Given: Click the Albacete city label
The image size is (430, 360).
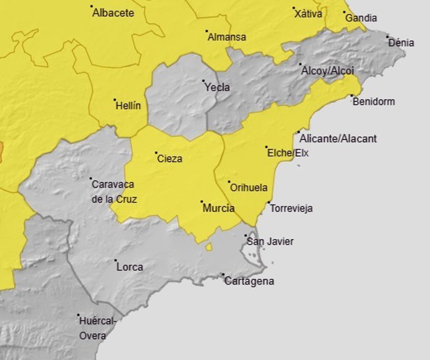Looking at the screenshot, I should pos(113,12).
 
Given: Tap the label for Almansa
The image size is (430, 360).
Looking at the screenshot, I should pos(226,37).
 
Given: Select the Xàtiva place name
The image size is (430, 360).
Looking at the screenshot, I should pos(309,14).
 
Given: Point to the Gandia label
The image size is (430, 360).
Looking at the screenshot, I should pos(361,17).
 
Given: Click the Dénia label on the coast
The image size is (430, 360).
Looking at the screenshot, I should pos(401,43).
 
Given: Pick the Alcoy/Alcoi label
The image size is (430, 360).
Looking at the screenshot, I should pos(327,70).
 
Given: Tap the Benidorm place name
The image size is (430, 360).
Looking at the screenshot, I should pos(373,102).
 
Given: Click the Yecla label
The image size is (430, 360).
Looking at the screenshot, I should pos(217,87).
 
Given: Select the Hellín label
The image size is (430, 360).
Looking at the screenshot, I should pos(128,105).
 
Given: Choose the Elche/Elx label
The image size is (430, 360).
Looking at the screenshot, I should pos(287,153).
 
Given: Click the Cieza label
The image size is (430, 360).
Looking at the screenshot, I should pos(170,159).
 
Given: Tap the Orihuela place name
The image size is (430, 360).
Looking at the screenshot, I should pos(249,187).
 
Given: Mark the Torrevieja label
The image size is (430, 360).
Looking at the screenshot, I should pos(291,209).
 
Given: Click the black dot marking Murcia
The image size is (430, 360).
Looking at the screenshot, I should pos(201,201).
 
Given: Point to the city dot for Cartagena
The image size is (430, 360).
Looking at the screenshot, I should pos(223,274).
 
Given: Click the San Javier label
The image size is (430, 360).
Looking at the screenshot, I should pos(270,242).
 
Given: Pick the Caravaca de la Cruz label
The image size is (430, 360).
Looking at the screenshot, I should pos(114,192).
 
